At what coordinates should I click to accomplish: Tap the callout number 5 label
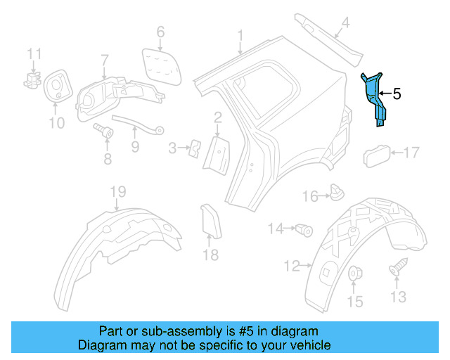pyautogui.click(x=397, y=93)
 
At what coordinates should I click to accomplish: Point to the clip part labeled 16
pyautogui.click(x=336, y=191)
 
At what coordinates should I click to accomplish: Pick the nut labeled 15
pyautogui.click(x=355, y=272)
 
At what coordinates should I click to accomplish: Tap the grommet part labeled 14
pyautogui.click(x=304, y=229)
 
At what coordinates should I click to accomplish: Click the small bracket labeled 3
pyautogui.click(x=194, y=147)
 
